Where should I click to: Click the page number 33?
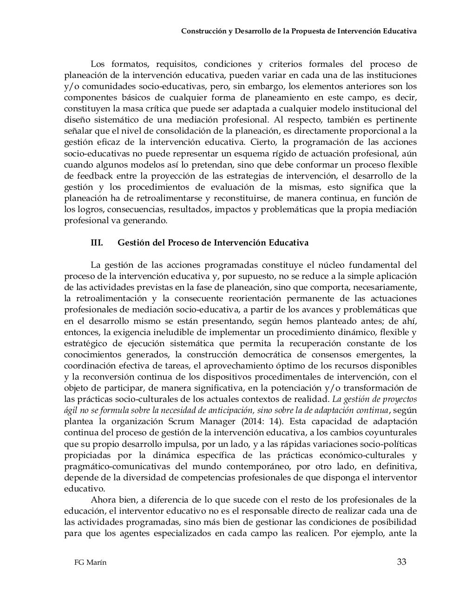pos(401,562)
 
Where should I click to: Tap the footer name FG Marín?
pos(90,562)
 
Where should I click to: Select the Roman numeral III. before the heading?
pos(97,243)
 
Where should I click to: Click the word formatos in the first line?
pos(129,64)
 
